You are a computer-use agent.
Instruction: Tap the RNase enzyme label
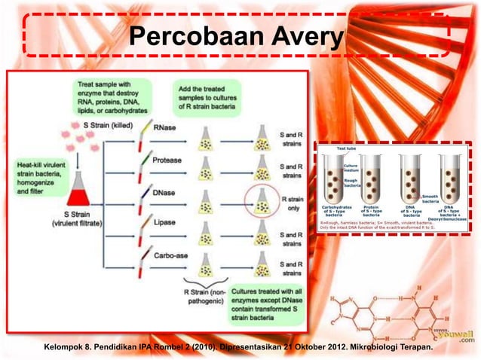click(x=165, y=129)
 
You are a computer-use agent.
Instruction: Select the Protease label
click(x=167, y=160)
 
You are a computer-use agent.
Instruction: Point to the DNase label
click(x=165, y=192)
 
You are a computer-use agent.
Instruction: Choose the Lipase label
click(x=164, y=224)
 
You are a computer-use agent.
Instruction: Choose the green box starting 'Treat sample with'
click(x=114, y=96)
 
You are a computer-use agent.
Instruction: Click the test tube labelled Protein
click(x=371, y=181)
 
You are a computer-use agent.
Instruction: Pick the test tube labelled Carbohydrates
click(x=335, y=181)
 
